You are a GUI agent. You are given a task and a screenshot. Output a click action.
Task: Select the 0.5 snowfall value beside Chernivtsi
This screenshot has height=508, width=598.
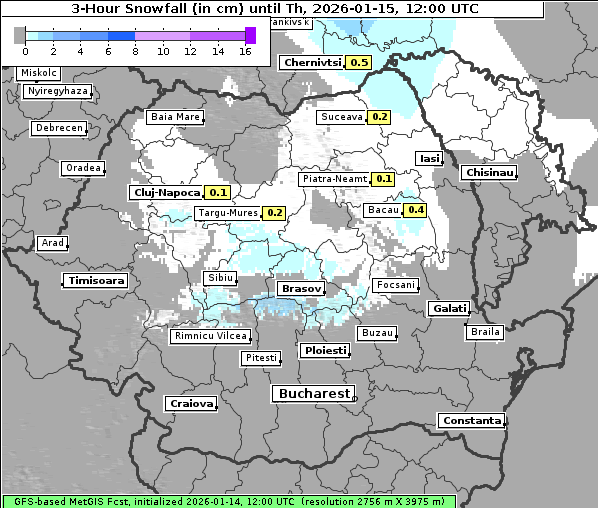359,62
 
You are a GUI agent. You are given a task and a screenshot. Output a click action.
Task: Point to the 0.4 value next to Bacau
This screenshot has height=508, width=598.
415,210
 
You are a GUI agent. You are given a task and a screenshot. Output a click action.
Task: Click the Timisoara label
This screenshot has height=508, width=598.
97,281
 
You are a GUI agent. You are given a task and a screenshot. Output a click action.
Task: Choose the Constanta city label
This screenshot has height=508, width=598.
472,421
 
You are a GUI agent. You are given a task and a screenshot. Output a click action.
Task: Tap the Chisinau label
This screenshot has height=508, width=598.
489,173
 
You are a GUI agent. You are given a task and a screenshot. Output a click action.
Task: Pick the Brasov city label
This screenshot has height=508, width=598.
301,288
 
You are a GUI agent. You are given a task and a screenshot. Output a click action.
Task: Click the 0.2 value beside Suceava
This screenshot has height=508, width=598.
379,117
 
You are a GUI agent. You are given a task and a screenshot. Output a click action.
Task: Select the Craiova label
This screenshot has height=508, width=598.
191,404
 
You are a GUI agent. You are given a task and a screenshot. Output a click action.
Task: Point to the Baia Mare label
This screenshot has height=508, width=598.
175,117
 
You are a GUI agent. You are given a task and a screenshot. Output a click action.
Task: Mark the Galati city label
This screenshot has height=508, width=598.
449,309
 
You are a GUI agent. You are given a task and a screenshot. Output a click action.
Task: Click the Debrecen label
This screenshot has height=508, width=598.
58,129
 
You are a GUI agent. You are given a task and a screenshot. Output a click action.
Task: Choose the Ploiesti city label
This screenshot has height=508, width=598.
325,351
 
